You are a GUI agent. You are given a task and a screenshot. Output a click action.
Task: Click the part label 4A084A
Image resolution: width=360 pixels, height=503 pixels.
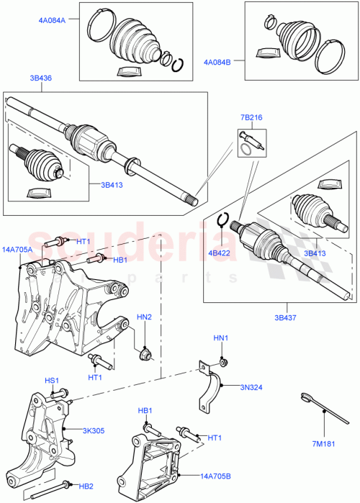point(52,21)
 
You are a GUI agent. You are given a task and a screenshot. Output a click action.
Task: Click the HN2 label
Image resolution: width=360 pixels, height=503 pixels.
point(144,317)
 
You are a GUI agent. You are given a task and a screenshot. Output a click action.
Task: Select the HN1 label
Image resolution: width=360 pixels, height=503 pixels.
point(220,337)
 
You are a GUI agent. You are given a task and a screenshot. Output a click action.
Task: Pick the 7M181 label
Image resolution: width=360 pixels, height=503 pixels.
point(324,443)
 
